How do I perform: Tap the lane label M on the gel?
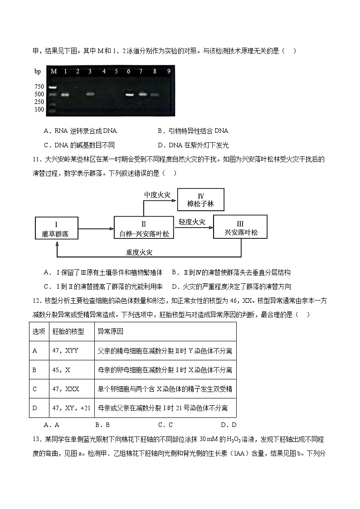(53, 71)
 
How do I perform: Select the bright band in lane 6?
(129, 95)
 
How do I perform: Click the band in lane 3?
(90, 94)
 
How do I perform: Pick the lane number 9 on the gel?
(169, 71)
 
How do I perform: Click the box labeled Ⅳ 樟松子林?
(200, 200)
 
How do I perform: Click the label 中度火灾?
(157, 195)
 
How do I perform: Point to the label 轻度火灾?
(192, 222)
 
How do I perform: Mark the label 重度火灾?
(142, 252)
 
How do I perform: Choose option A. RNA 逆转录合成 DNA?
(80, 131)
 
